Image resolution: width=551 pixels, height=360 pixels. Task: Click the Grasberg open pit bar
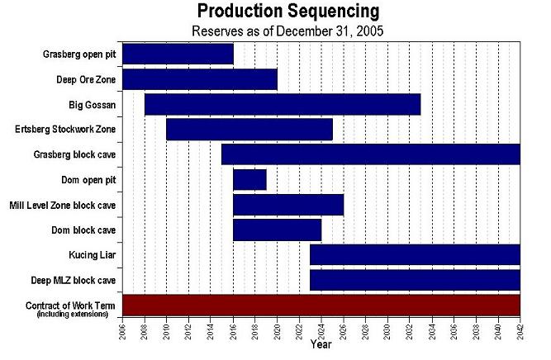(178, 54)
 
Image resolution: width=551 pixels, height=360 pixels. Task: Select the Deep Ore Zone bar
(199, 79)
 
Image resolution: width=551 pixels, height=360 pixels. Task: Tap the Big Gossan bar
(283, 105)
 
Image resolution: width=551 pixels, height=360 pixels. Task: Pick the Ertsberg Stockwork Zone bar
(249, 130)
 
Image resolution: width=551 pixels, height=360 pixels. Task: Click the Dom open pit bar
(249, 179)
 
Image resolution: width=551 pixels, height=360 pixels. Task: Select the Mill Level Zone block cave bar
(288, 205)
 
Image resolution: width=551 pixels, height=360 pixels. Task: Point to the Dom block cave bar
(277, 230)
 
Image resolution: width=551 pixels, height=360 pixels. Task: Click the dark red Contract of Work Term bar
(321, 306)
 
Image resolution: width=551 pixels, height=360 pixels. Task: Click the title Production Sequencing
(288, 12)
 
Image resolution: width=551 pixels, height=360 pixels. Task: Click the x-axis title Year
(321, 344)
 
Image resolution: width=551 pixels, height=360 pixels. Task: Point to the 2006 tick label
(122, 332)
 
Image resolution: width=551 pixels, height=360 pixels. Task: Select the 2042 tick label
(520, 332)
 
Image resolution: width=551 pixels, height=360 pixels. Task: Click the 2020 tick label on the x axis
(277, 332)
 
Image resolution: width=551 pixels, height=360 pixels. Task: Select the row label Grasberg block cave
(74, 154)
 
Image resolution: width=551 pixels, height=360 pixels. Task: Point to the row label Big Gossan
(93, 105)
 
